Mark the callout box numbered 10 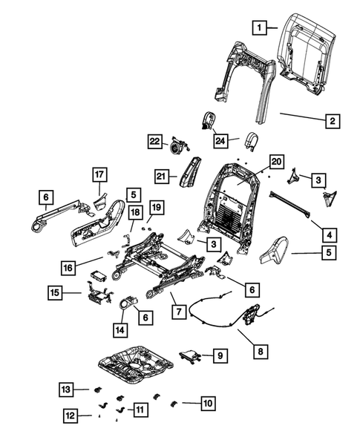point(207,404)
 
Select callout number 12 point(69,415)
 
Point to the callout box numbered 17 point(99,175)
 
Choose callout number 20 point(276,161)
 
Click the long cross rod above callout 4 point(292,206)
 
